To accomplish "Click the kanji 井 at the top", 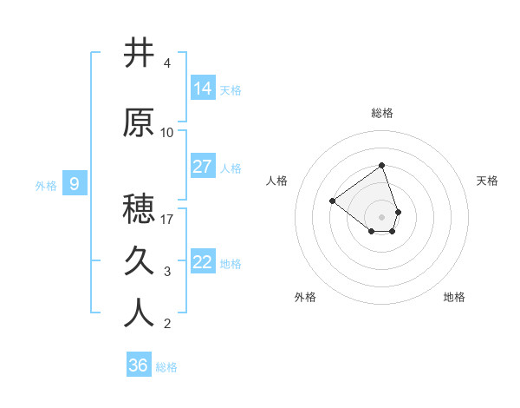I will point(140,53).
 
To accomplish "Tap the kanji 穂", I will point(140,209).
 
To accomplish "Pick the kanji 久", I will point(140,260).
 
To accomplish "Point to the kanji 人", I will point(140,313).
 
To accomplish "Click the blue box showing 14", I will point(203,88).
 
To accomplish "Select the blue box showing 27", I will point(203,167).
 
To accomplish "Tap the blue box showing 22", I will point(203,262).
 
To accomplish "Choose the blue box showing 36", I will point(139,365).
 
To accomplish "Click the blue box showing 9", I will point(75,183).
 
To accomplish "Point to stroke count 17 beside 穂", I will point(167,219).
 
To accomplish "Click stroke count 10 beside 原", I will point(167,132).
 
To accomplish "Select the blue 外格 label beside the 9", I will point(46,185).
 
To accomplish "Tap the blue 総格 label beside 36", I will point(166,367).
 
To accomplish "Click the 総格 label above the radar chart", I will point(382,113).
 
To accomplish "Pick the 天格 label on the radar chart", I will point(487,181).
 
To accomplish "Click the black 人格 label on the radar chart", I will point(277,181).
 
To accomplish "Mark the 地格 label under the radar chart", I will point(454,297).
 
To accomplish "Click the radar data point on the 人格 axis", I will point(332,201).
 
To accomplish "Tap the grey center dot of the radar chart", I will point(381,216).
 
